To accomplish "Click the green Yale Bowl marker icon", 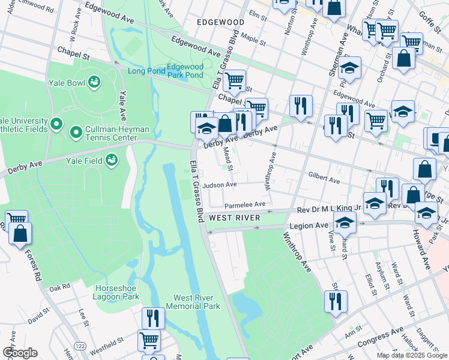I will point(94,81).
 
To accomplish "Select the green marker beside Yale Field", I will point(111,159).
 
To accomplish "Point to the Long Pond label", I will point(145,71).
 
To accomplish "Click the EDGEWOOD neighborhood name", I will point(221,22).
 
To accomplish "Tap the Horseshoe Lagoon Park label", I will point(117,292).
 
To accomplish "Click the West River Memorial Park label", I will point(197,302).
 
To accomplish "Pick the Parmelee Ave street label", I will point(244,205).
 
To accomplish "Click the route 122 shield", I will point(79,346).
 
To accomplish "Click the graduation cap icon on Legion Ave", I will point(345,223).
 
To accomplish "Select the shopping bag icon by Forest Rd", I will point(20,235).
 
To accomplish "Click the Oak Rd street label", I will point(60,288).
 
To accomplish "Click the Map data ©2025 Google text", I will point(412,355).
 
